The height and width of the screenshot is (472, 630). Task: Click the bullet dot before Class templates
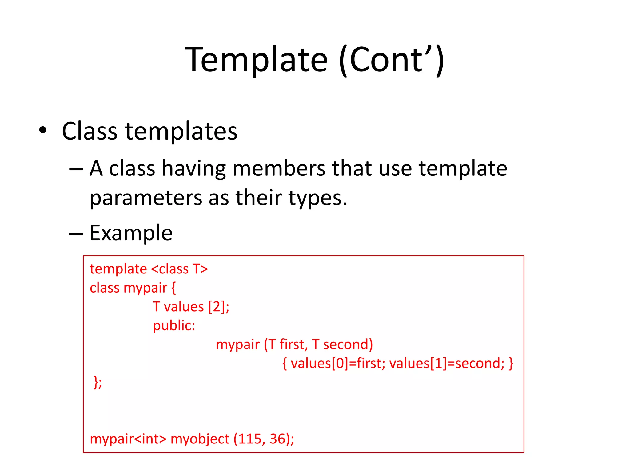[43, 130]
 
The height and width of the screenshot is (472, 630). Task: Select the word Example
[131, 233]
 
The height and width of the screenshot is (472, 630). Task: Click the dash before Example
[76, 234]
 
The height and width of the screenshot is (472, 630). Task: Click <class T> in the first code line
[179, 269]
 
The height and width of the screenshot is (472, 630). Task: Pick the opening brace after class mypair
[174, 288]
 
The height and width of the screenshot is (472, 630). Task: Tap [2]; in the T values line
[219, 307]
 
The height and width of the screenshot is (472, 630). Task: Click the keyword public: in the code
[174, 326]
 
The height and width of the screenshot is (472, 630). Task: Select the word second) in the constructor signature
[348, 344]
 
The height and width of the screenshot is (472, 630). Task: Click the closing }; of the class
[98, 383]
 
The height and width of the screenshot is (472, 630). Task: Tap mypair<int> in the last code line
[128, 439]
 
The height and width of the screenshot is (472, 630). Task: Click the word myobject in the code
[200, 439]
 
